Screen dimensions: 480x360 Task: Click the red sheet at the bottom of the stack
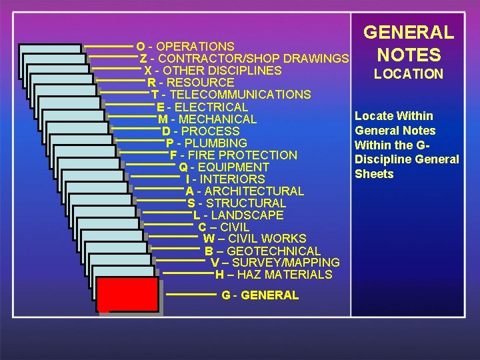pyautogui.click(x=127, y=295)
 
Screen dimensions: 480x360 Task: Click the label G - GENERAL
pyautogui.click(x=260, y=295)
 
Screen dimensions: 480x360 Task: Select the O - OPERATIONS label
pyautogui.click(x=185, y=47)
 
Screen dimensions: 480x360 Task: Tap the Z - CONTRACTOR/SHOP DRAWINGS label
pyautogui.click(x=245, y=59)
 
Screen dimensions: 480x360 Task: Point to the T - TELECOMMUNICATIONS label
pyautogui.click(x=231, y=95)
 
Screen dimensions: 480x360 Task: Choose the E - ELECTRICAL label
pyautogui.click(x=202, y=107)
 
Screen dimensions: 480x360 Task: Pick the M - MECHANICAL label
pyautogui.click(x=207, y=119)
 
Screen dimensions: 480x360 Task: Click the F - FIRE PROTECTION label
pyautogui.click(x=233, y=155)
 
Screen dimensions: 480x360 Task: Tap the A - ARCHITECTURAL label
pyautogui.click(x=245, y=191)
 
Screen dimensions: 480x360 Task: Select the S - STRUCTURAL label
pyautogui.click(x=237, y=203)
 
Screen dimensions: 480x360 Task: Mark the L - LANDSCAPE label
pyautogui.click(x=238, y=215)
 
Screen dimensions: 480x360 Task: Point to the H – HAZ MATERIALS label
pyautogui.click(x=273, y=275)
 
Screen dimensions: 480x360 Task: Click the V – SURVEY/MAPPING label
pyautogui.click(x=275, y=263)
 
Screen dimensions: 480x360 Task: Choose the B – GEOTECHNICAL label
pyautogui.click(x=263, y=251)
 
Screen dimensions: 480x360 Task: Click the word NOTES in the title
pyautogui.click(x=408, y=55)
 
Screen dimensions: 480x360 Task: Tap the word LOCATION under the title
pyautogui.click(x=408, y=74)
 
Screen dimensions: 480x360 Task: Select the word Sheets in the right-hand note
pyautogui.click(x=374, y=174)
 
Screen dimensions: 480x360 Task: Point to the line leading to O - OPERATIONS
pyautogui.click(x=109, y=46)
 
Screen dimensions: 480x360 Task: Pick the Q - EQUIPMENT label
pyautogui.click(x=224, y=167)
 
